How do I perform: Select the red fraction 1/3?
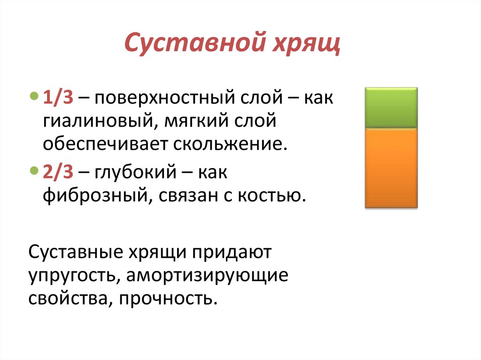click(x=57, y=99)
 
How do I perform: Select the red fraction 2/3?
click(x=58, y=172)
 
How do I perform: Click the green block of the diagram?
click(x=391, y=107)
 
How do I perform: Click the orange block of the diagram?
click(x=391, y=168)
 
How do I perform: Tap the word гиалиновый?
click(x=94, y=123)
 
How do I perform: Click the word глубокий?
click(x=137, y=173)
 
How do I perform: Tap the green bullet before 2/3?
click(x=32, y=170)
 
